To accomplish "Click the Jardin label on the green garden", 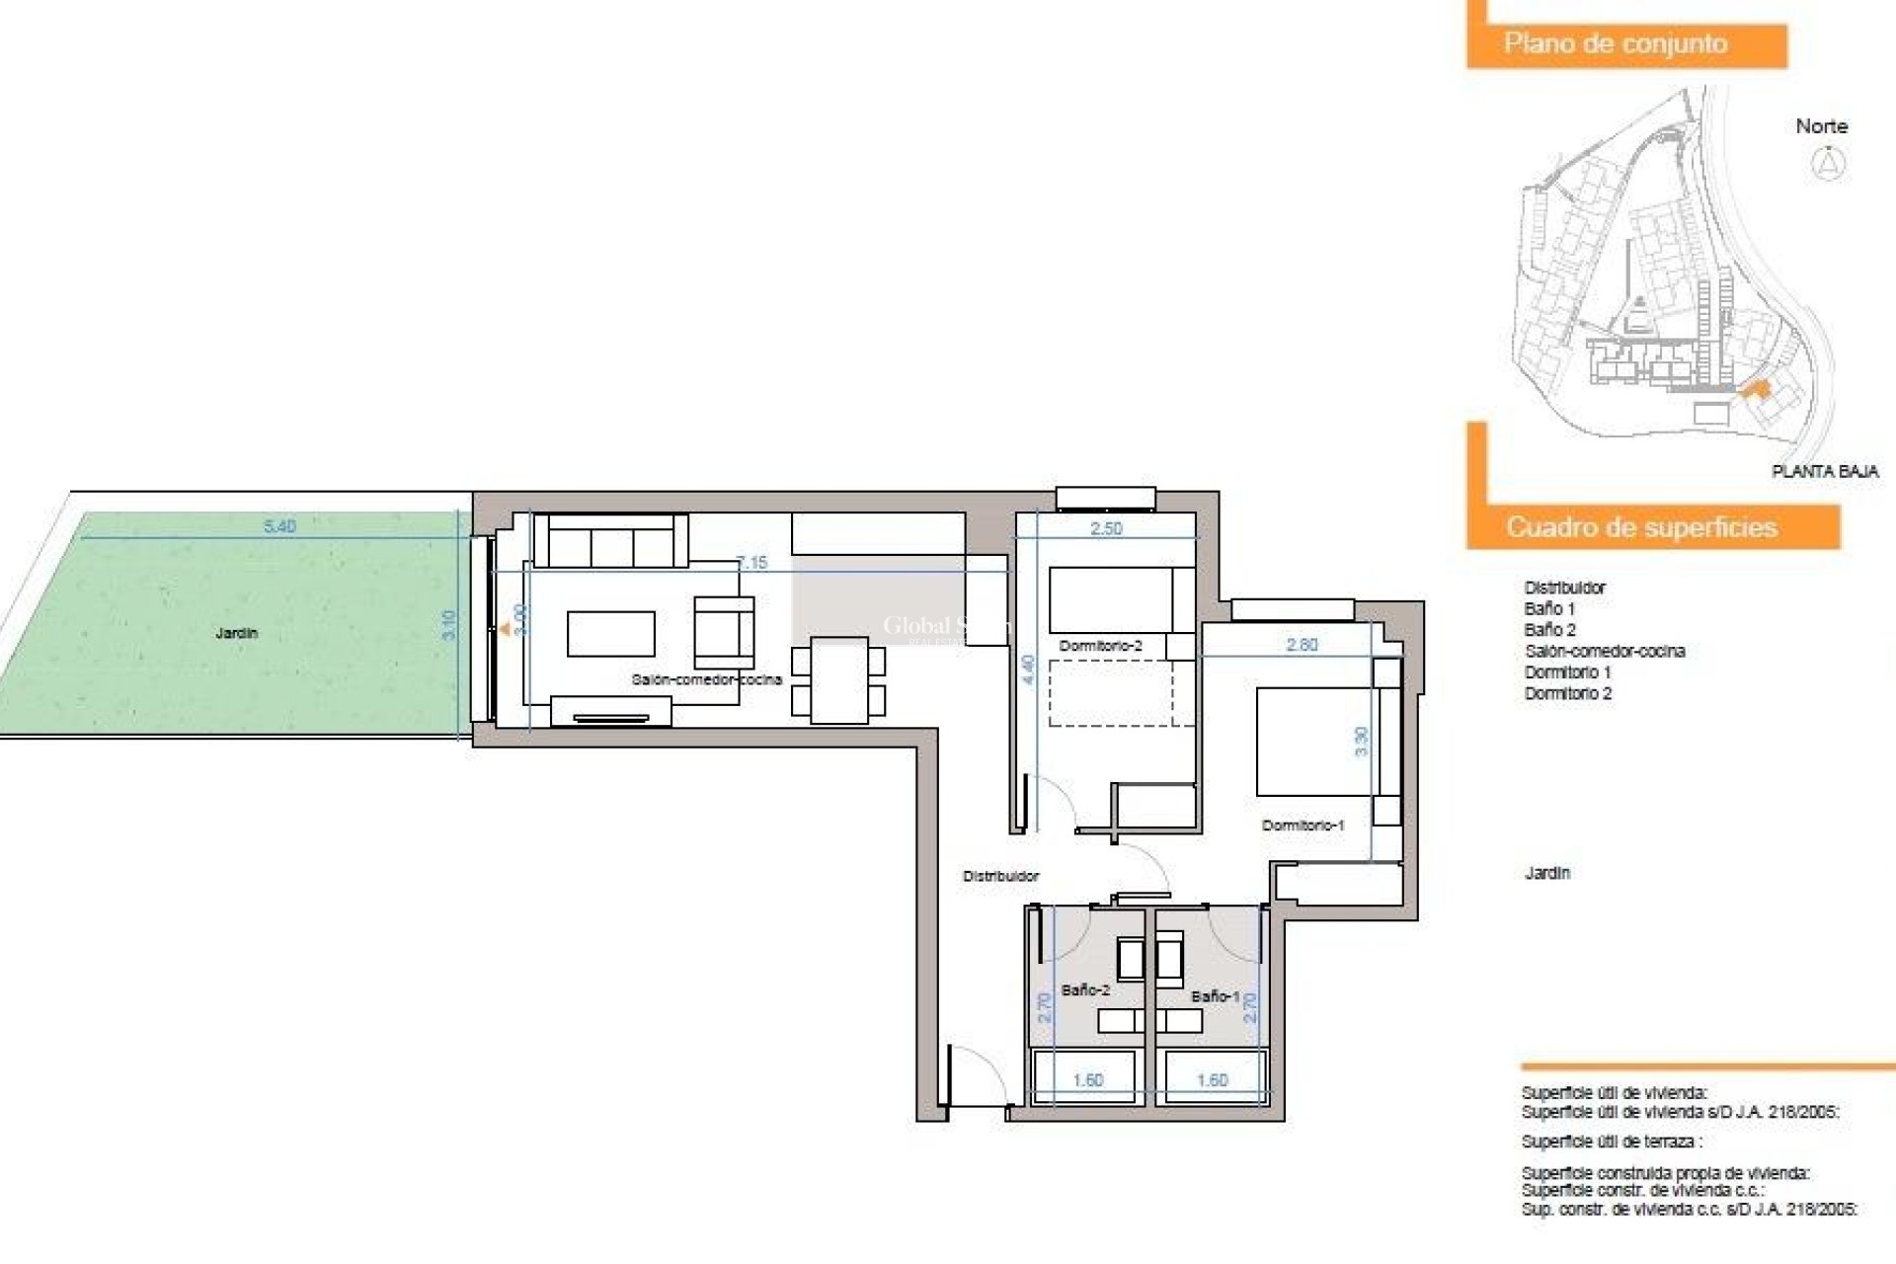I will [237, 633].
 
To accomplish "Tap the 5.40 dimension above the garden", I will [279, 526].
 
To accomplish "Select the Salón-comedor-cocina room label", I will [706, 679].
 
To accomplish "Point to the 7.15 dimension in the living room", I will [752, 563].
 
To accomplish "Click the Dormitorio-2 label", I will [1100, 646].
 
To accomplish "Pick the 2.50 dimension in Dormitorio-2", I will [1106, 528].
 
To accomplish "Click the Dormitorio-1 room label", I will [1303, 826].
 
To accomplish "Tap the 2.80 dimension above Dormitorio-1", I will [1302, 645].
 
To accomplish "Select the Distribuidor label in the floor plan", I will [1000, 876].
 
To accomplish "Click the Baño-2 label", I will [1085, 989].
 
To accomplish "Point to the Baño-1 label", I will [1215, 996].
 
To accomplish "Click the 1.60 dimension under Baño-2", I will [1087, 1080].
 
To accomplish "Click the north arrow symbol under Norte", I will [1829, 163].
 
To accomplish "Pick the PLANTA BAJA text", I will [1825, 472].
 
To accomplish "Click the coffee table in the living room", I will [610, 634].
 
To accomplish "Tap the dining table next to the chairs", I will [838, 680].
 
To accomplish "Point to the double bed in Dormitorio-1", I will [1313, 742].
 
